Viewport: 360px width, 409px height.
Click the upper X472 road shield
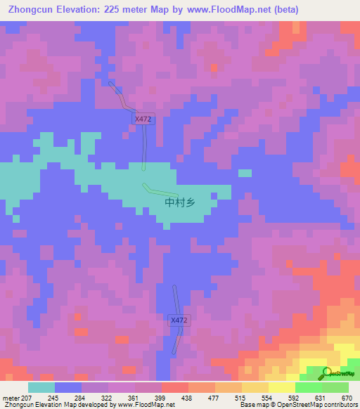(144, 120)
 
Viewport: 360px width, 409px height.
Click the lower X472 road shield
(179, 320)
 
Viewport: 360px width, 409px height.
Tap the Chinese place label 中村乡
(179, 202)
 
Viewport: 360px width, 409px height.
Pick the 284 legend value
(89, 397)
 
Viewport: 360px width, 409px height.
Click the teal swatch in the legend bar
(41, 387)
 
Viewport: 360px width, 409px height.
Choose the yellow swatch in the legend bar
(281, 387)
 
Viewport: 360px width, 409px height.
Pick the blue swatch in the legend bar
(68, 387)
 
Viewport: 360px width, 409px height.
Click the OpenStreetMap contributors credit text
(310, 405)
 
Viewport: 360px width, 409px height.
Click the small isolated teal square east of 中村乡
(245, 173)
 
